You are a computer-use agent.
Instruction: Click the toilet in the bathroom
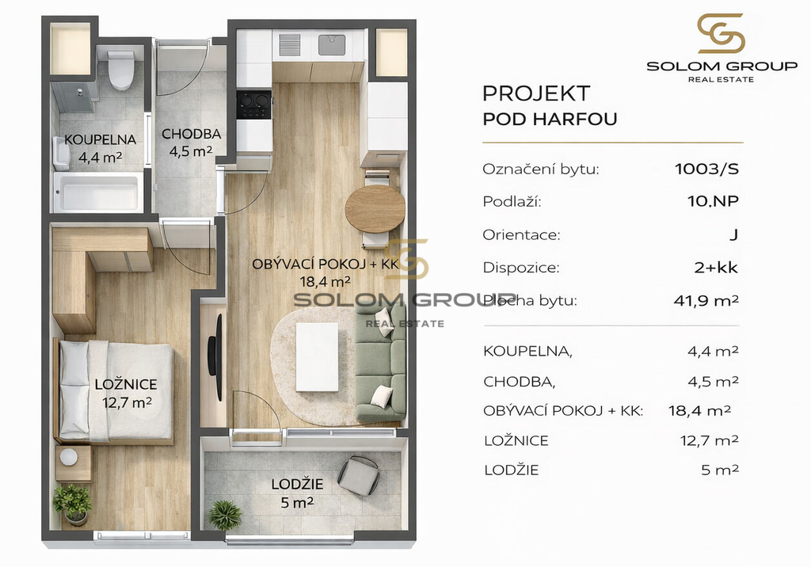(122, 70)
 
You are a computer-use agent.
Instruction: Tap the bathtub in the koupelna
(97, 192)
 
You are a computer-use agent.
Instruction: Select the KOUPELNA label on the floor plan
(101, 139)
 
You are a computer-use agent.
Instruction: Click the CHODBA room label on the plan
(192, 134)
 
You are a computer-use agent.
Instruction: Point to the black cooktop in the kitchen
(254, 105)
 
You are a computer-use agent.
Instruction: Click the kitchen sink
(332, 45)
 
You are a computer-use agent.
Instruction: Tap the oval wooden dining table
(375, 208)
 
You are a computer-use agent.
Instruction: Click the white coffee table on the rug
(317, 357)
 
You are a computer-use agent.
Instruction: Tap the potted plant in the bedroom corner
(72, 504)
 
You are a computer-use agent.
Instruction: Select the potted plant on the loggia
(225, 515)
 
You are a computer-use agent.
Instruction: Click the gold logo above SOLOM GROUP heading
(721, 33)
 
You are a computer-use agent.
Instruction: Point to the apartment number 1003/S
(706, 169)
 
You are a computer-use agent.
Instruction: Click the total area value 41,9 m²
(706, 300)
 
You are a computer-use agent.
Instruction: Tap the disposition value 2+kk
(716, 268)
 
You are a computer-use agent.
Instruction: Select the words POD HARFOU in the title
(550, 120)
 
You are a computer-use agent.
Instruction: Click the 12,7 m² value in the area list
(709, 440)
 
